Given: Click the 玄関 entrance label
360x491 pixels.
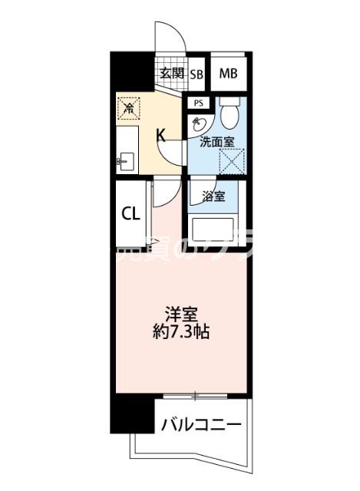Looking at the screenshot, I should pyautogui.click(x=172, y=74).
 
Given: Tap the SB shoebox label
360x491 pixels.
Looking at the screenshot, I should pyautogui.click(x=197, y=74).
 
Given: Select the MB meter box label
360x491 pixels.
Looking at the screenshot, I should pyautogui.click(x=228, y=74).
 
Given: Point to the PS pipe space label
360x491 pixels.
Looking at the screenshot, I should pyautogui.click(x=198, y=103).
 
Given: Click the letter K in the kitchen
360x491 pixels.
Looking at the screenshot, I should pyautogui.click(x=161, y=136).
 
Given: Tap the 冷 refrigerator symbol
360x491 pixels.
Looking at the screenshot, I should pyautogui.click(x=130, y=108).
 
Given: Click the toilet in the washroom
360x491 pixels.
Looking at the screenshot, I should pyautogui.click(x=229, y=114).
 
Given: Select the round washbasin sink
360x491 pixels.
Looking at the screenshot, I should pyautogui.click(x=198, y=124).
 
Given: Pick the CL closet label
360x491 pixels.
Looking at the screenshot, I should pyautogui.click(x=130, y=213).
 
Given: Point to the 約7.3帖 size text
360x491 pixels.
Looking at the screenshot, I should pyautogui.click(x=181, y=333).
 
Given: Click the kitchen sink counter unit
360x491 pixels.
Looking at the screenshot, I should pyautogui.click(x=127, y=149).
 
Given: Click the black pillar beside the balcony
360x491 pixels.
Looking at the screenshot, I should pyautogui.click(x=127, y=415).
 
